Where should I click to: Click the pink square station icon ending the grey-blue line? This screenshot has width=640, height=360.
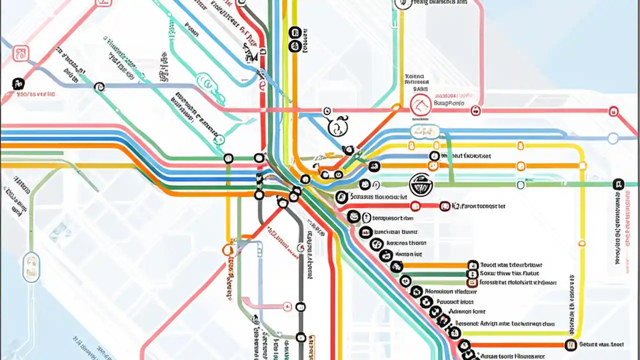click(20, 53)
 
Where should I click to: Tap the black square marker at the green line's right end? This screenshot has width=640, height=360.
click(618, 184)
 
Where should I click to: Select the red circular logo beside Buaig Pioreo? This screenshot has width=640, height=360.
click(420, 105)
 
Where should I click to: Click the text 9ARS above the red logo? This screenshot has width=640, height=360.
click(416, 88)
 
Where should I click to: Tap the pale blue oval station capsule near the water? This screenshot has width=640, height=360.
click(31, 266)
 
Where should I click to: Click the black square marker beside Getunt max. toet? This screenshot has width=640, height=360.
click(570, 344)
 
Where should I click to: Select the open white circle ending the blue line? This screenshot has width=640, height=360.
click(613, 138)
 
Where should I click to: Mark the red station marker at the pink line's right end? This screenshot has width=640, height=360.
click(613, 111)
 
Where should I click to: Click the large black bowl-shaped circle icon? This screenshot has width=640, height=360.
click(420, 184)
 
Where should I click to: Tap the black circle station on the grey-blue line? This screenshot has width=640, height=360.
click(99, 86)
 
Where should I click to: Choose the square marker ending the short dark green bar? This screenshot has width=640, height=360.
click(471, 274)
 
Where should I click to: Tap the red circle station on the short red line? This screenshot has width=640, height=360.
click(415, 206)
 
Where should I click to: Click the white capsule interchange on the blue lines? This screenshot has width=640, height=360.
click(424, 132)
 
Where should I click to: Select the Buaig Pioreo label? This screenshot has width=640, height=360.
click(449, 103)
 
